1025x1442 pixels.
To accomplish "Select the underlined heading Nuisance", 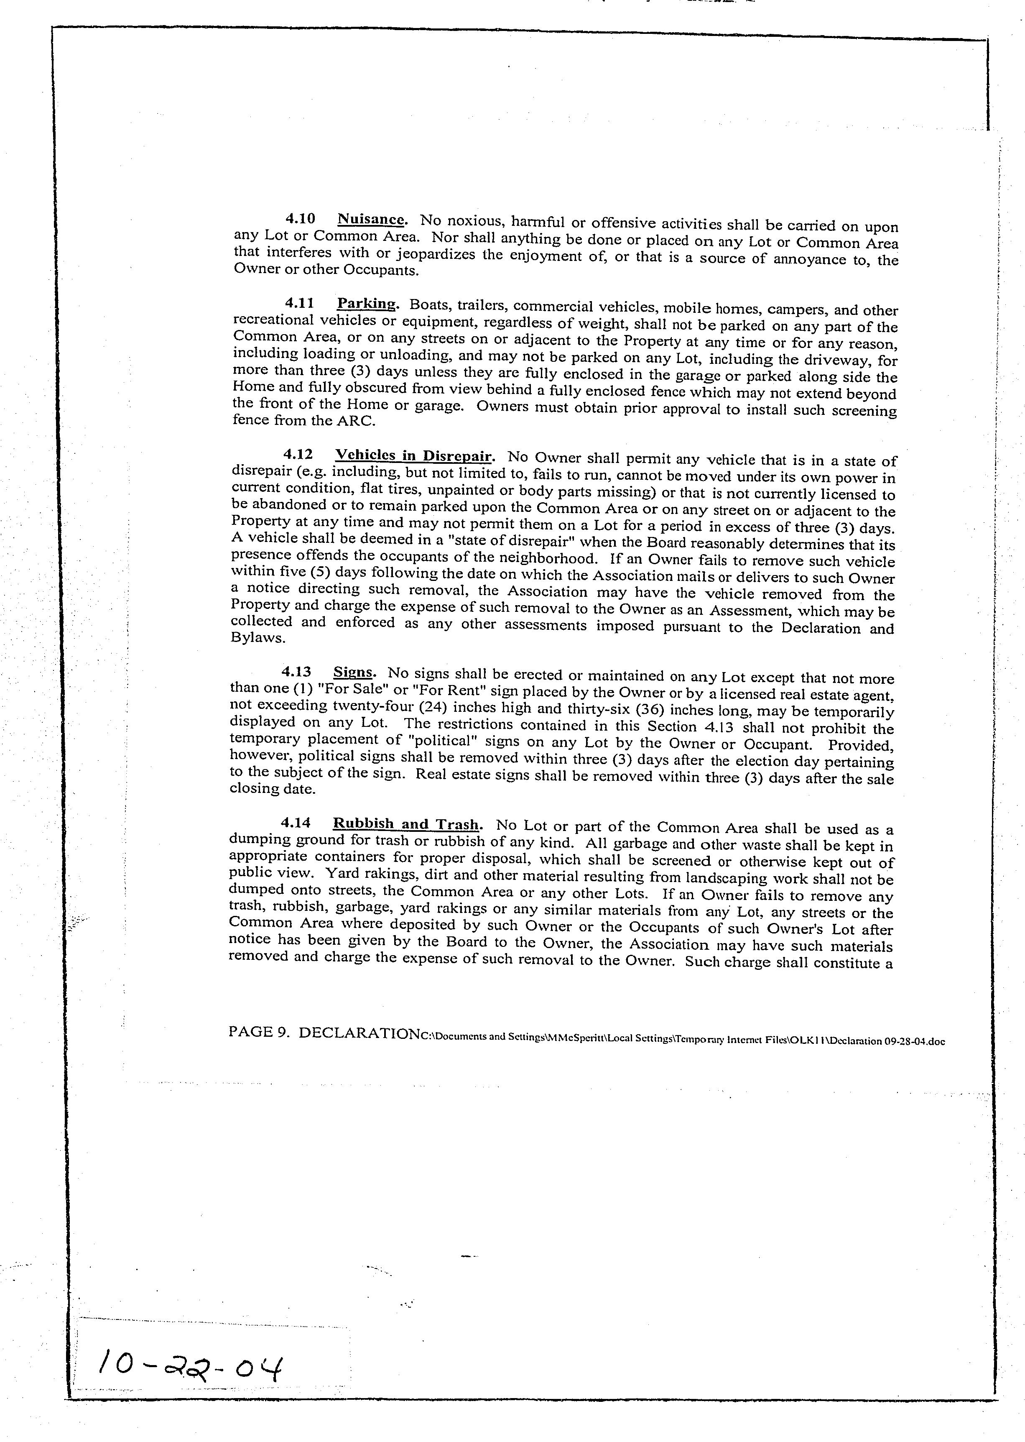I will click(370, 220).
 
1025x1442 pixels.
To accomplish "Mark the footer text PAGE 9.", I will click(259, 1032).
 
